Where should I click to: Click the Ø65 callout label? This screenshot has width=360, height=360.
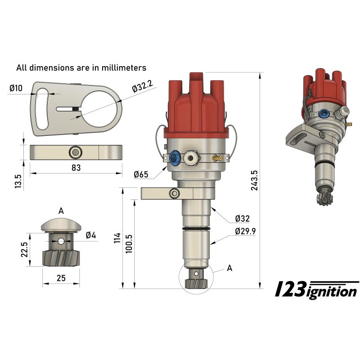coord(141,174)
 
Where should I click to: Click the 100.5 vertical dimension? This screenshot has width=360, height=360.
coord(130,243)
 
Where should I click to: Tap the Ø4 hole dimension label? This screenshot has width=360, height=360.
coord(90,235)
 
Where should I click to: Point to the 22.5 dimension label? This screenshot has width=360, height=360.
coord(24,249)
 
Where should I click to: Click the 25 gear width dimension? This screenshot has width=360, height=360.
coord(61,278)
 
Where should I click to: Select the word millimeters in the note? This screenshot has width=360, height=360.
coord(122,68)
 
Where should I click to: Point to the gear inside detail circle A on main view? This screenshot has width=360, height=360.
coord(195,283)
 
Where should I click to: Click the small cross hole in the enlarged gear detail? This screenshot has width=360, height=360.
coord(61,241)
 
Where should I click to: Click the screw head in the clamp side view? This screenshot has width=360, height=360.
coord(75,153)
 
